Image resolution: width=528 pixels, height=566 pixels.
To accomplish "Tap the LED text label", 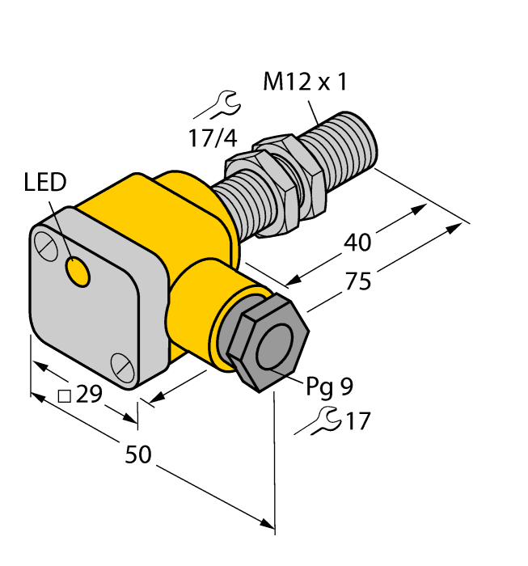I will tap(45, 183).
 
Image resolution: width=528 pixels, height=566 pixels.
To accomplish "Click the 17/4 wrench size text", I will tap(213, 138).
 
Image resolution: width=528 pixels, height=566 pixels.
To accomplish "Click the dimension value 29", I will tap(91, 395).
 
